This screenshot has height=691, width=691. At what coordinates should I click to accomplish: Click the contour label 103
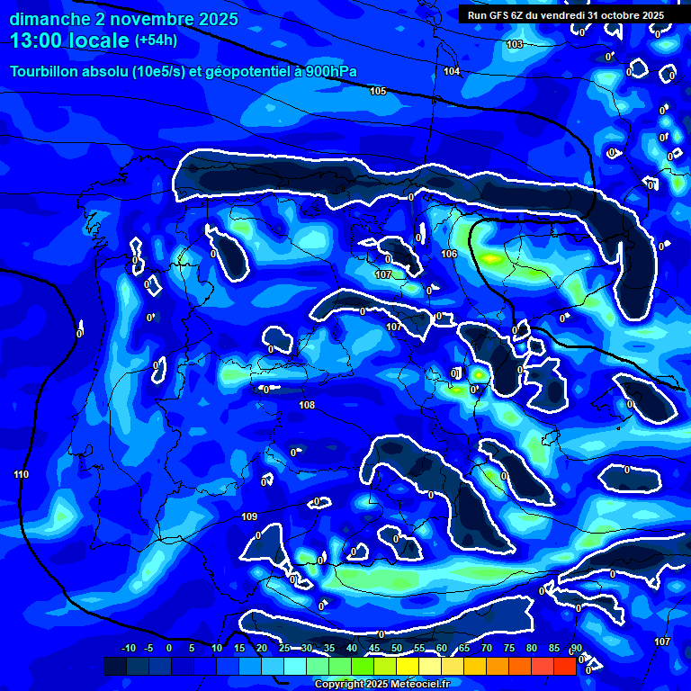[x=515, y=44]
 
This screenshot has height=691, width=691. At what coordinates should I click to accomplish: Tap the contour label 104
[x=452, y=71]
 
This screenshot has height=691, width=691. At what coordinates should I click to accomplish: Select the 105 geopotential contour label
[x=378, y=91]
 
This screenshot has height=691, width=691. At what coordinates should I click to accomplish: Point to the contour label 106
[x=449, y=254]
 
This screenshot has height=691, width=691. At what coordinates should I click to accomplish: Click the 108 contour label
[x=307, y=406]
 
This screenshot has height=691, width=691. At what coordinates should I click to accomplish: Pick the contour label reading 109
[x=250, y=516]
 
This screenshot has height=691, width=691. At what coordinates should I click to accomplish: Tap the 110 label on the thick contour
[x=22, y=474]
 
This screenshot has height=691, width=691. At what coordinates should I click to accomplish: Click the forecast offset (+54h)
[x=156, y=40]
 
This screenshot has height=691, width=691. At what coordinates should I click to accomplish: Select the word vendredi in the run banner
[x=563, y=15]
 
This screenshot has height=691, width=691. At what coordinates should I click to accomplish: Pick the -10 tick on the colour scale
[x=128, y=649]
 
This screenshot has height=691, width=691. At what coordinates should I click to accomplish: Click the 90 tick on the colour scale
[x=576, y=649]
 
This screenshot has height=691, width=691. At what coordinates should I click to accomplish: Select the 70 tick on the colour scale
[x=487, y=649]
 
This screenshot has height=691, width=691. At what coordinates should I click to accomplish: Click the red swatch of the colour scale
[x=564, y=666]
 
